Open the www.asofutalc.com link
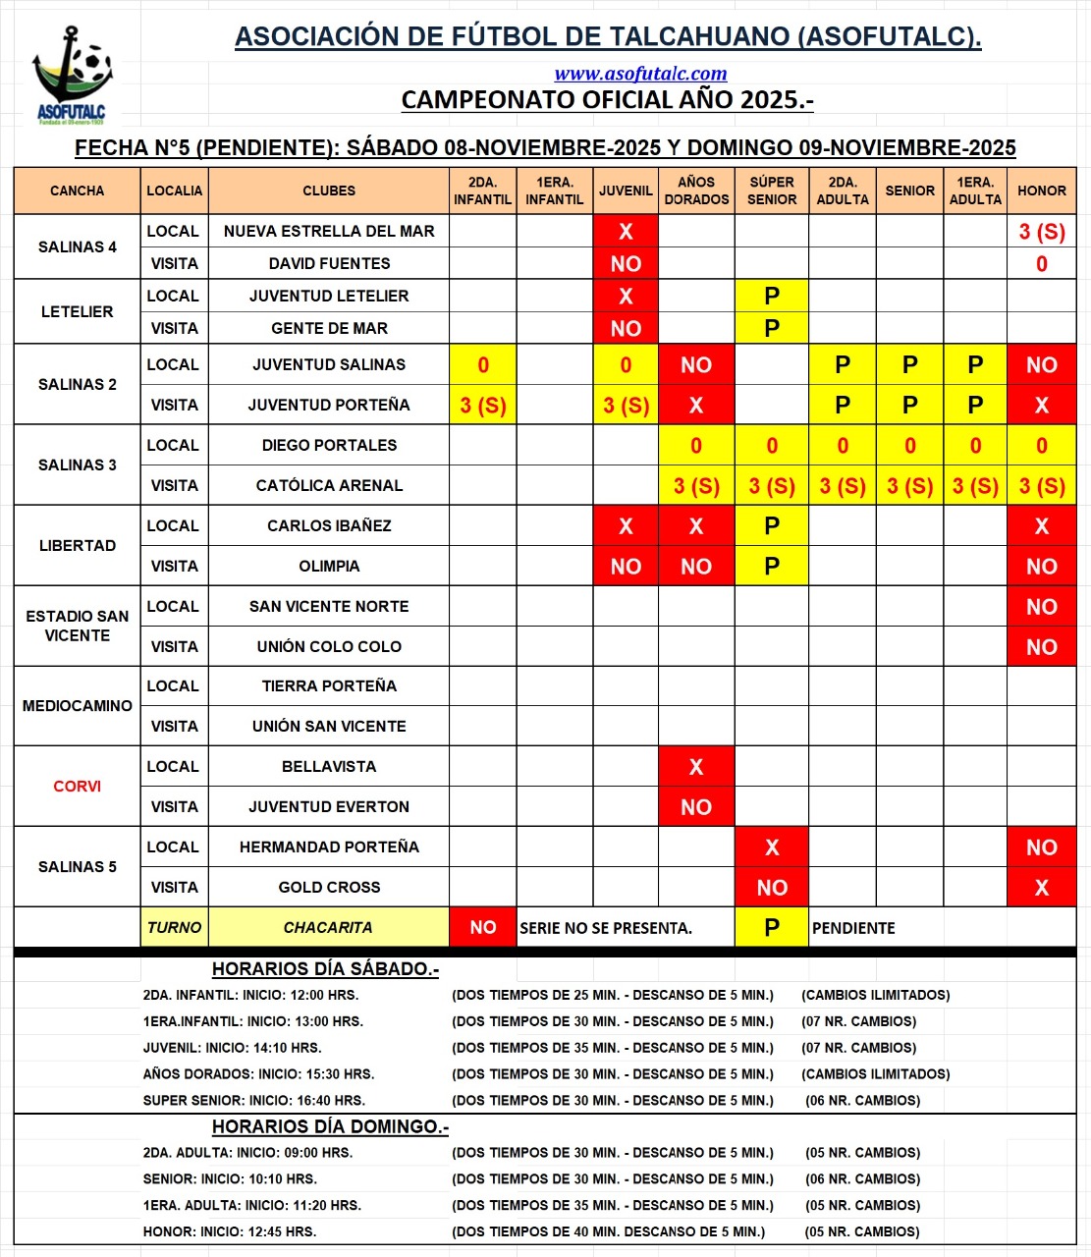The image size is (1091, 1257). [x=640, y=74]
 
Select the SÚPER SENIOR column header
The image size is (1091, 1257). [x=772, y=191]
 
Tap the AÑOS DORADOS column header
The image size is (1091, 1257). [x=696, y=191]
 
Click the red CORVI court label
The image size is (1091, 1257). [x=78, y=787]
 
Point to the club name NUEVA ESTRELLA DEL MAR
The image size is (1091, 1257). [x=329, y=232]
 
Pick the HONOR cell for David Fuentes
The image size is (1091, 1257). [x=1041, y=264]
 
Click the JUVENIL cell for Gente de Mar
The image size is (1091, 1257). [x=626, y=329]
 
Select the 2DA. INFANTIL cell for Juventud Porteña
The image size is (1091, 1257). [x=482, y=406]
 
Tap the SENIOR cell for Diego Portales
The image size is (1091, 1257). [x=909, y=446]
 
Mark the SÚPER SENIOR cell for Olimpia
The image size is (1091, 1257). [x=772, y=567]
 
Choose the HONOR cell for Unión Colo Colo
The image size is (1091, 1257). [x=1041, y=647]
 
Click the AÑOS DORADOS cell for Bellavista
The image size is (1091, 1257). [x=696, y=767]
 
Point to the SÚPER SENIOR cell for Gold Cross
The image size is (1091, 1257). [x=772, y=888]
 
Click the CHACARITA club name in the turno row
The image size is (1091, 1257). [x=328, y=928]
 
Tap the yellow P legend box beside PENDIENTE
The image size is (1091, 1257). [x=772, y=928]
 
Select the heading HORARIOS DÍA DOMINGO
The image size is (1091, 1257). [x=330, y=1126]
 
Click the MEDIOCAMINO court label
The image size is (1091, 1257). [x=78, y=706]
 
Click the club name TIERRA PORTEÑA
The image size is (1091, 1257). [x=329, y=686]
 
